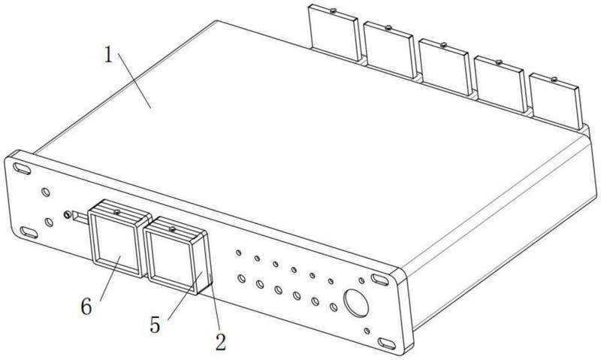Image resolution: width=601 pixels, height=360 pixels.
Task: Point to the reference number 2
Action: pos(220,342)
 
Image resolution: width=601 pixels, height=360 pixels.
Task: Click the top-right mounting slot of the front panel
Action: pos(379,280)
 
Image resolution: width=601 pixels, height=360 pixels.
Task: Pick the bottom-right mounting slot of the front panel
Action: pos(388,343)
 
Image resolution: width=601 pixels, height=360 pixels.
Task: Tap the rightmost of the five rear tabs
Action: pos(555,101)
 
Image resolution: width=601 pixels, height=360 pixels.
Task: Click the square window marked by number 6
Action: pos(116,244)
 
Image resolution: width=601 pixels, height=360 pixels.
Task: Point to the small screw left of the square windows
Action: pos(68,215)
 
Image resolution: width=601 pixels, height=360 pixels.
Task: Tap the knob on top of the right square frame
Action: pos(172,227)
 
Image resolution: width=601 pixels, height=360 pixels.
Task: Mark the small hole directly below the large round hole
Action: pos(367,331)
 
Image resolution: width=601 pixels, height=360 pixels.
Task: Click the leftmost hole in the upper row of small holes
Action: pos(239,253)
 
